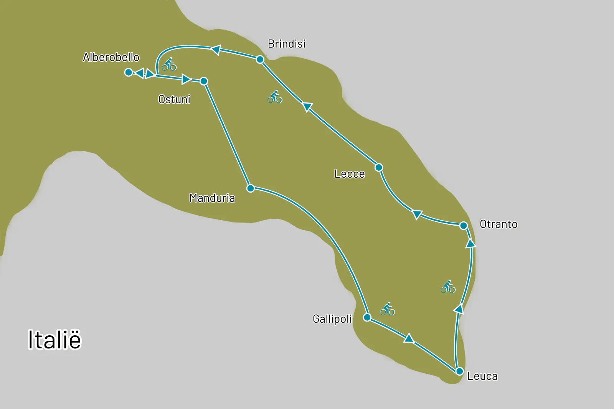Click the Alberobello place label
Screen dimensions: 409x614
111,58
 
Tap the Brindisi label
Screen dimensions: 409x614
286,44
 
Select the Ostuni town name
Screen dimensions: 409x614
174,99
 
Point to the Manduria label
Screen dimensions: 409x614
212,198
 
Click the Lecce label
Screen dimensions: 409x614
349,174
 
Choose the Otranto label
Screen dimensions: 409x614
498,224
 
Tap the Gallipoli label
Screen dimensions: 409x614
332,319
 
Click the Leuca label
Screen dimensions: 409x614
482,376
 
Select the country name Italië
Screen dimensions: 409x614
54,340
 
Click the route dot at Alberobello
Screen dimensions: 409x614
129,72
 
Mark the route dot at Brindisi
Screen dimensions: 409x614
260,59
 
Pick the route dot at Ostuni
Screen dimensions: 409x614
204,81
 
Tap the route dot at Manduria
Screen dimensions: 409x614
251,188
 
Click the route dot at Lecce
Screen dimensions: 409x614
379,167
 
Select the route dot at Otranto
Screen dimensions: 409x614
463,225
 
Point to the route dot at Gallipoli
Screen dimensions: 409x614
367,317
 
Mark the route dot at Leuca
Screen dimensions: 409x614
459,371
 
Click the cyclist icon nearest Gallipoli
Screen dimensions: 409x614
388,309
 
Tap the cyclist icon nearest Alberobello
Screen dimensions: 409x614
169,64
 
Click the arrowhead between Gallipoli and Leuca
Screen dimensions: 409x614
409,338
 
